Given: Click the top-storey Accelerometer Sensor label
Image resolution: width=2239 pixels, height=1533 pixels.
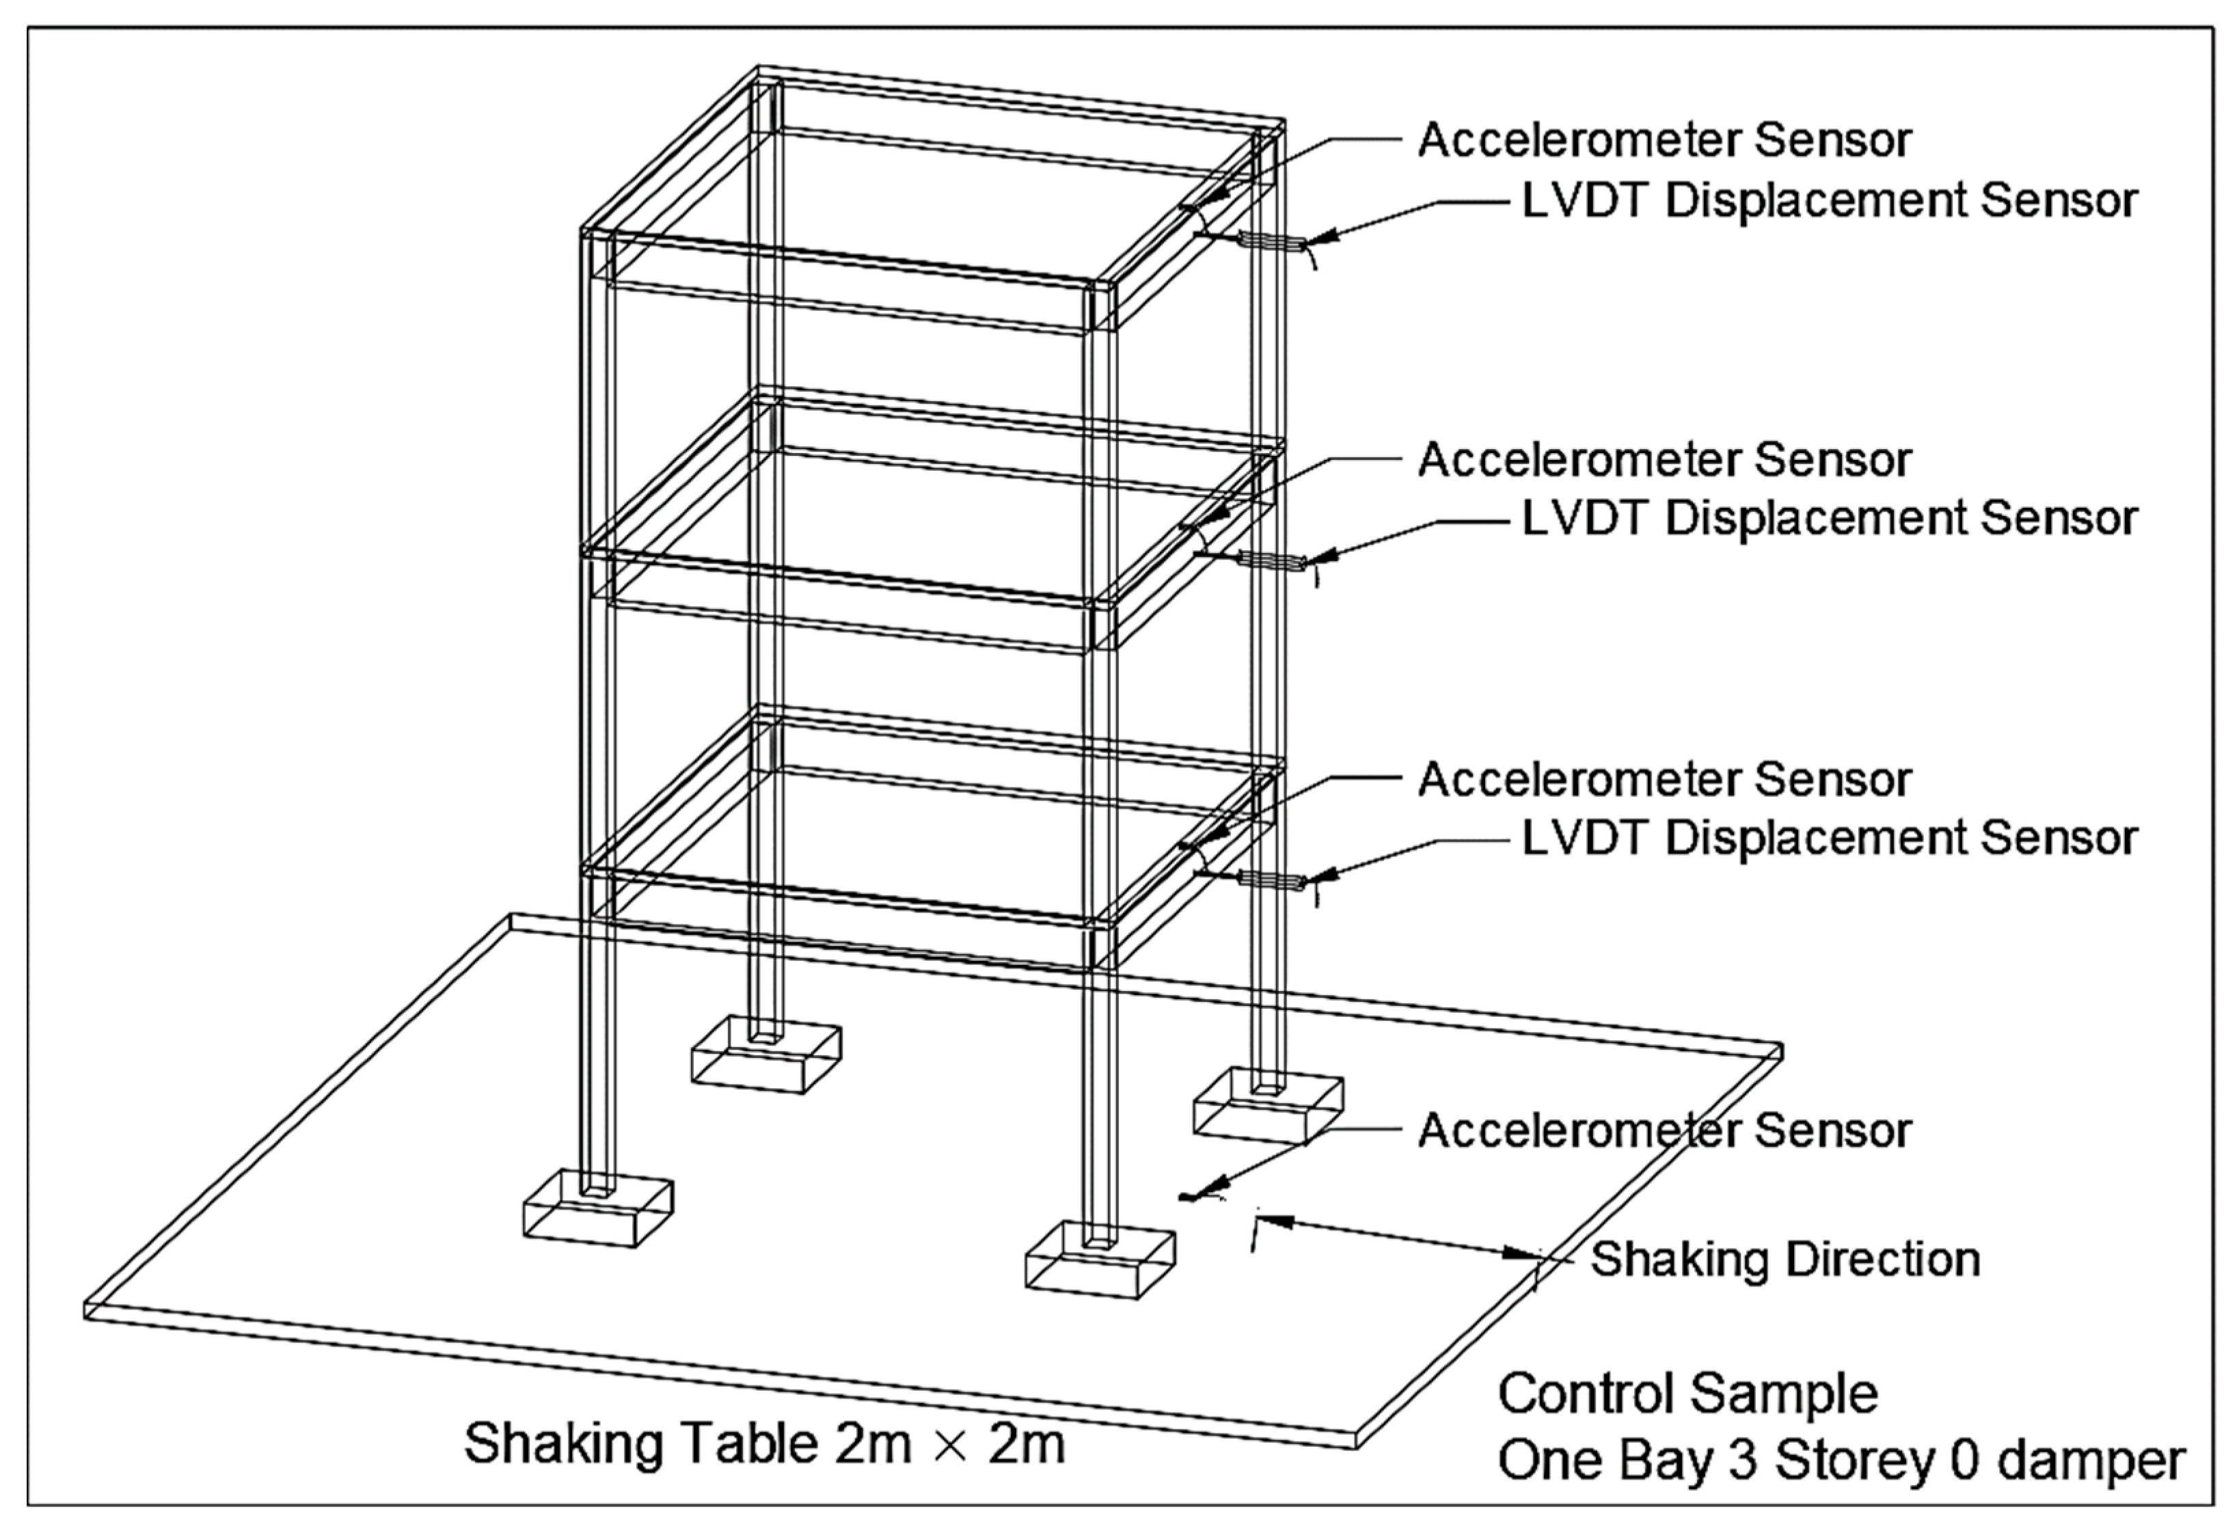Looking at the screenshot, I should click(1664, 141).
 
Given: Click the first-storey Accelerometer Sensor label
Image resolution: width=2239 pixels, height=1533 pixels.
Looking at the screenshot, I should click(1664, 780).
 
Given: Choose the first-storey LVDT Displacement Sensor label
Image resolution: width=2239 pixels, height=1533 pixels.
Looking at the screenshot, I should click(1828, 839).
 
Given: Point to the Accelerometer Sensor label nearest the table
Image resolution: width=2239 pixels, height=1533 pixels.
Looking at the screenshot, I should click(1664, 1130).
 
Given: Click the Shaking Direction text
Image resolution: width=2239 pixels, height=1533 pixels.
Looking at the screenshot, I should click(1785, 1260).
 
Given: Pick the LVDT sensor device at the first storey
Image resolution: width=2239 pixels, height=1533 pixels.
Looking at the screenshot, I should click(1270, 879).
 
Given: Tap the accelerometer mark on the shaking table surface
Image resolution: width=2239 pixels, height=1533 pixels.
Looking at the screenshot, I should click(1192, 1197).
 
